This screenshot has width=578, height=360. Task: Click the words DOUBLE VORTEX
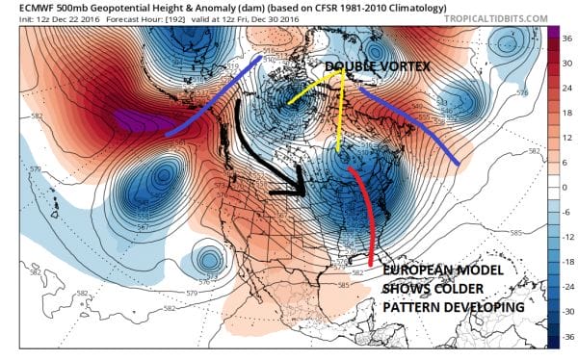coord(371,66)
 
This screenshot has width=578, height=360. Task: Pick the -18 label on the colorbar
coord(565,261)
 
